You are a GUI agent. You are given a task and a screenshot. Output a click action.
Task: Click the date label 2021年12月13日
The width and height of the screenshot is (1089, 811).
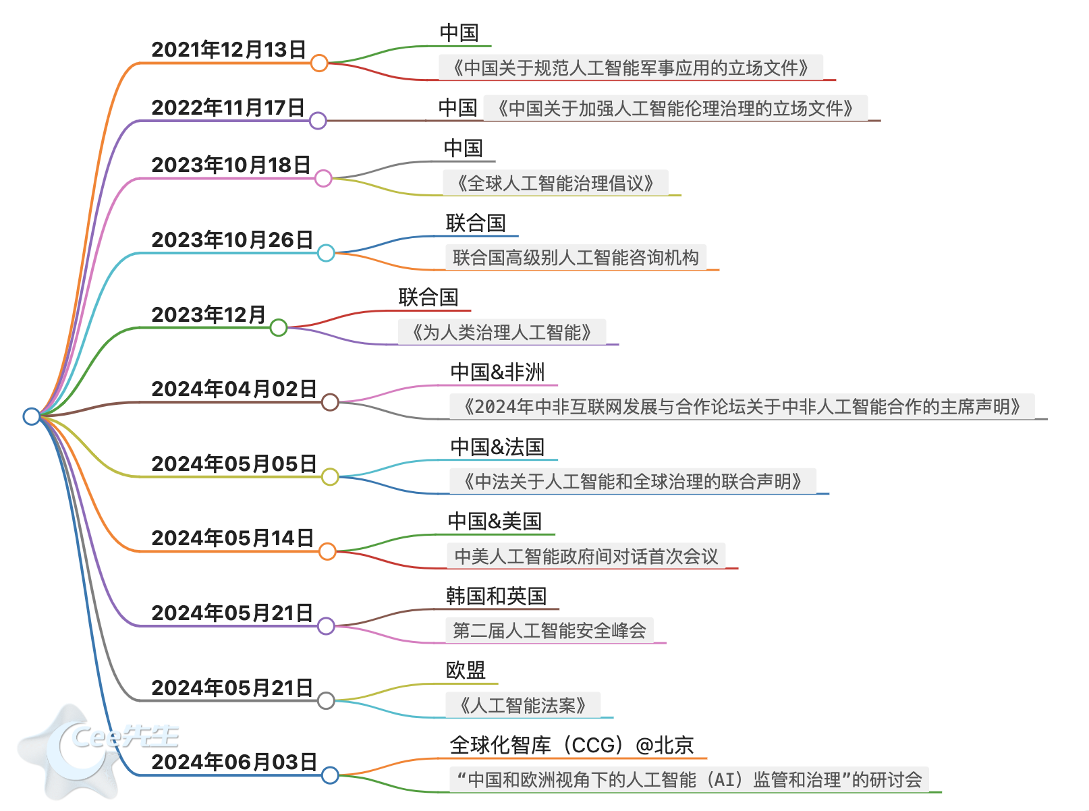229,49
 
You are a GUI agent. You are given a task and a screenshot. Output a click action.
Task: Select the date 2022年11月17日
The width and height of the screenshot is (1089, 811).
228,107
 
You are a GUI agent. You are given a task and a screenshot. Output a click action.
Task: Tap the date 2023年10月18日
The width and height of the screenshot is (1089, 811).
231,165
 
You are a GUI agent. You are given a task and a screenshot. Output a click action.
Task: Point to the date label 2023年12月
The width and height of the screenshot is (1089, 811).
208,314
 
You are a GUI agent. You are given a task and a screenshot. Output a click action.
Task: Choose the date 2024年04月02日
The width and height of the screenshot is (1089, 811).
233,389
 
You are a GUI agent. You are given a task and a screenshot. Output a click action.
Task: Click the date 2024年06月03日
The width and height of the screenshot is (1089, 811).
233,762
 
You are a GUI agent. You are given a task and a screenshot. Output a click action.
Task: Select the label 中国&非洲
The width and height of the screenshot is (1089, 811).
497,372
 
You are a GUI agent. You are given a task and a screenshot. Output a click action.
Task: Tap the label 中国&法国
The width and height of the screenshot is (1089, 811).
497,447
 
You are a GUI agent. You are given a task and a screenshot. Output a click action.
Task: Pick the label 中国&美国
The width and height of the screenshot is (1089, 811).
495,521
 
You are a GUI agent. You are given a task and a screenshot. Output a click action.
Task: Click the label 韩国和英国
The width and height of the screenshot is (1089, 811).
496,596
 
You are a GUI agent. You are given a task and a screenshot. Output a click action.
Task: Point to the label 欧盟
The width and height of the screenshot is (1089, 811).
466,670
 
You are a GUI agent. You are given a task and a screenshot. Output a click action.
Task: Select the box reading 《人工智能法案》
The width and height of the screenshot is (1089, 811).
522,706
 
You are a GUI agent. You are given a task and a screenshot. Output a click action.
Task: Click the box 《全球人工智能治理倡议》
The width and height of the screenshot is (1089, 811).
555,183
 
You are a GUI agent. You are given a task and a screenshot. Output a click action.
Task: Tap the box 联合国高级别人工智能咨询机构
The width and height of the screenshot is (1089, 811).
576,258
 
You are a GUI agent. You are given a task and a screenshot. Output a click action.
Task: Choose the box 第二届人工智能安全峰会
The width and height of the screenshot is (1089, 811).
549,631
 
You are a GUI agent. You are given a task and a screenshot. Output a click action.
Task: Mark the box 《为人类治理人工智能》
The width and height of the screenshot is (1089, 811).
501,332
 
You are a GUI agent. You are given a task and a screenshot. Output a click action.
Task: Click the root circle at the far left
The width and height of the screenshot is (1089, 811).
32,416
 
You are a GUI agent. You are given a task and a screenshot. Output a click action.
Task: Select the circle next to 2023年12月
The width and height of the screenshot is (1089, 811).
278,328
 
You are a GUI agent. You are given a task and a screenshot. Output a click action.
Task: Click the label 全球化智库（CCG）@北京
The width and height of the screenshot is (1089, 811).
571,745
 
